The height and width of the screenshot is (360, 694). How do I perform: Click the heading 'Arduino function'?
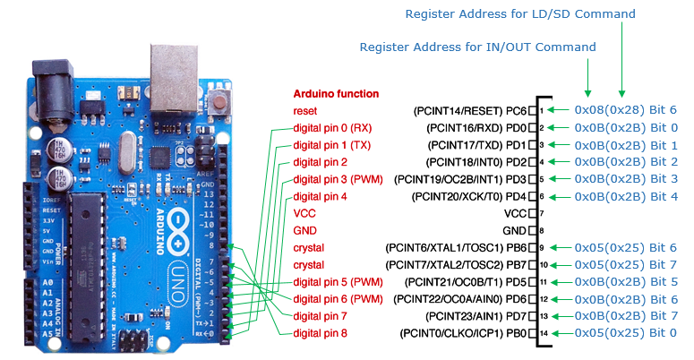point(336,93)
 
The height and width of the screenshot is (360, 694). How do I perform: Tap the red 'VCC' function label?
point(304,214)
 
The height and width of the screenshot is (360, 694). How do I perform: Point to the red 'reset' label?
point(304,110)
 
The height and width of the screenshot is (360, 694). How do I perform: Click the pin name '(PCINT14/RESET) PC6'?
point(469,110)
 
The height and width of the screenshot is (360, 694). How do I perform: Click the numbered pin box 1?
point(542,110)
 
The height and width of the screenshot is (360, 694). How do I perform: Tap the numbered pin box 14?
point(542,333)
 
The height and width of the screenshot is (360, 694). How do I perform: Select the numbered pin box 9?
point(542,247)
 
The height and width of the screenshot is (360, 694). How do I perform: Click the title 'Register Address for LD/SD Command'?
point(520,14)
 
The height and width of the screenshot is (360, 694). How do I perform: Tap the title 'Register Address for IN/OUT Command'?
point(477,47)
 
